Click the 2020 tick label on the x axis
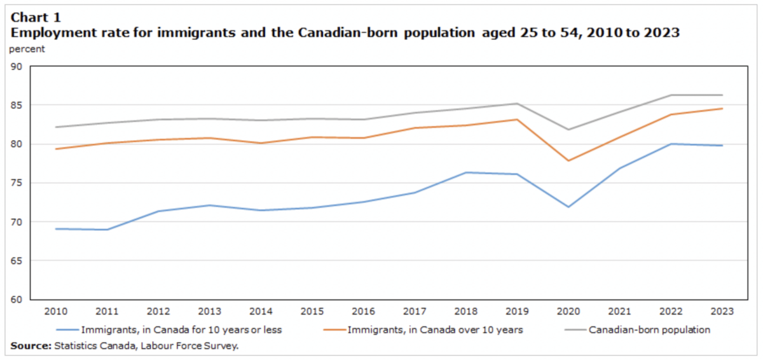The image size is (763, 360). click(568, 312)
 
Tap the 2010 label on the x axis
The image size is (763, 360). click(56, 312)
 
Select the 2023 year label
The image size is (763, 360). click(722, 312)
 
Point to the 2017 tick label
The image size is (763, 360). click(415, 312)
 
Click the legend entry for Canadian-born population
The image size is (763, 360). click(649, 330)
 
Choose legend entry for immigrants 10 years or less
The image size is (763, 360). click(181, 330)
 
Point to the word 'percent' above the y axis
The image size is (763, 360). click(27, 49)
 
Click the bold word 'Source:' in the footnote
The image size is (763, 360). click(29, 345)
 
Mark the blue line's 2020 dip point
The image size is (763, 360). click(568, 207)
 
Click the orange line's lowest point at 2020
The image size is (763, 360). click(568, 161)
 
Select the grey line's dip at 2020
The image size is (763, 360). click(568, 130)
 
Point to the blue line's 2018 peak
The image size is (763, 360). click(465, 172)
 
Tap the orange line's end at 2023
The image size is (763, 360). click(722, 109)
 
